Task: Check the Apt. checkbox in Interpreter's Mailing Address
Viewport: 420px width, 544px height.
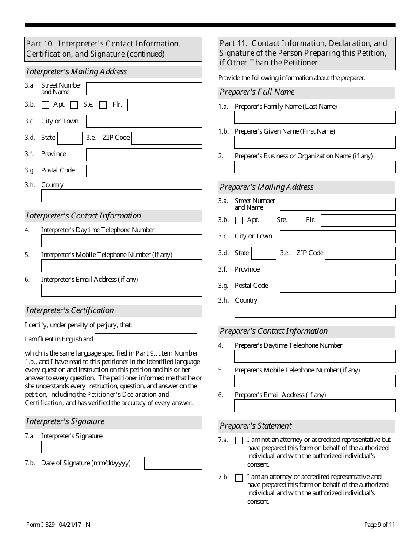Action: (x=45, y=105)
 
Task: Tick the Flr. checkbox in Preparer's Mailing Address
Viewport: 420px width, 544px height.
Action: (x=297, y=220)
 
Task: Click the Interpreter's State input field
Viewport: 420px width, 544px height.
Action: (x=70, y=138)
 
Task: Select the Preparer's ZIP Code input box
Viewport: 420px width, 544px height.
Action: (x=360, y=253)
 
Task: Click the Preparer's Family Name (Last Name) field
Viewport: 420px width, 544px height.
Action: (x=315, y=118)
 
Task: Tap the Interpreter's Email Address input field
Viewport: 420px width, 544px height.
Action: (x=121, y=290)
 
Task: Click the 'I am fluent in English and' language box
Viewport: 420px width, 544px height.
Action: (x=145, y=340)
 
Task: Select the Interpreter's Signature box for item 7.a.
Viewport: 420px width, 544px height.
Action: (x=121, y=447)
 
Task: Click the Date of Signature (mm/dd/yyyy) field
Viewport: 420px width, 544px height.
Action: (x=173, y=463)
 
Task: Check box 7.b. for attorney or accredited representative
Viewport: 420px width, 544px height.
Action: (x=239, y=478)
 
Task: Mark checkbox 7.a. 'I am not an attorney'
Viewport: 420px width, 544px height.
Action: (x=239, y=441)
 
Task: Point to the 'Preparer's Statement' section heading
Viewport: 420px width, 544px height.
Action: (x=256, y=426)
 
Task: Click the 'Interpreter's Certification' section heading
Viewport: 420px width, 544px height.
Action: (x=70, y=310)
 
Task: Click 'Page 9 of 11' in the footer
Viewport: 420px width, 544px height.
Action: (x=379, y=525)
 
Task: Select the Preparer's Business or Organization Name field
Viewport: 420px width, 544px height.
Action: (x=315, y=167)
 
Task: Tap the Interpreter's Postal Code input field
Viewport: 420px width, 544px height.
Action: (x=144, y=171)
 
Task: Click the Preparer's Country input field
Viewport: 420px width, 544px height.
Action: (x=315, y=311)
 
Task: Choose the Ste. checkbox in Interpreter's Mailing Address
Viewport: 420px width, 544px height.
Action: (x=74, y=105)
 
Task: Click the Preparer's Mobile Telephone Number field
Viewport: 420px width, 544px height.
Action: (x=315, y=381)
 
